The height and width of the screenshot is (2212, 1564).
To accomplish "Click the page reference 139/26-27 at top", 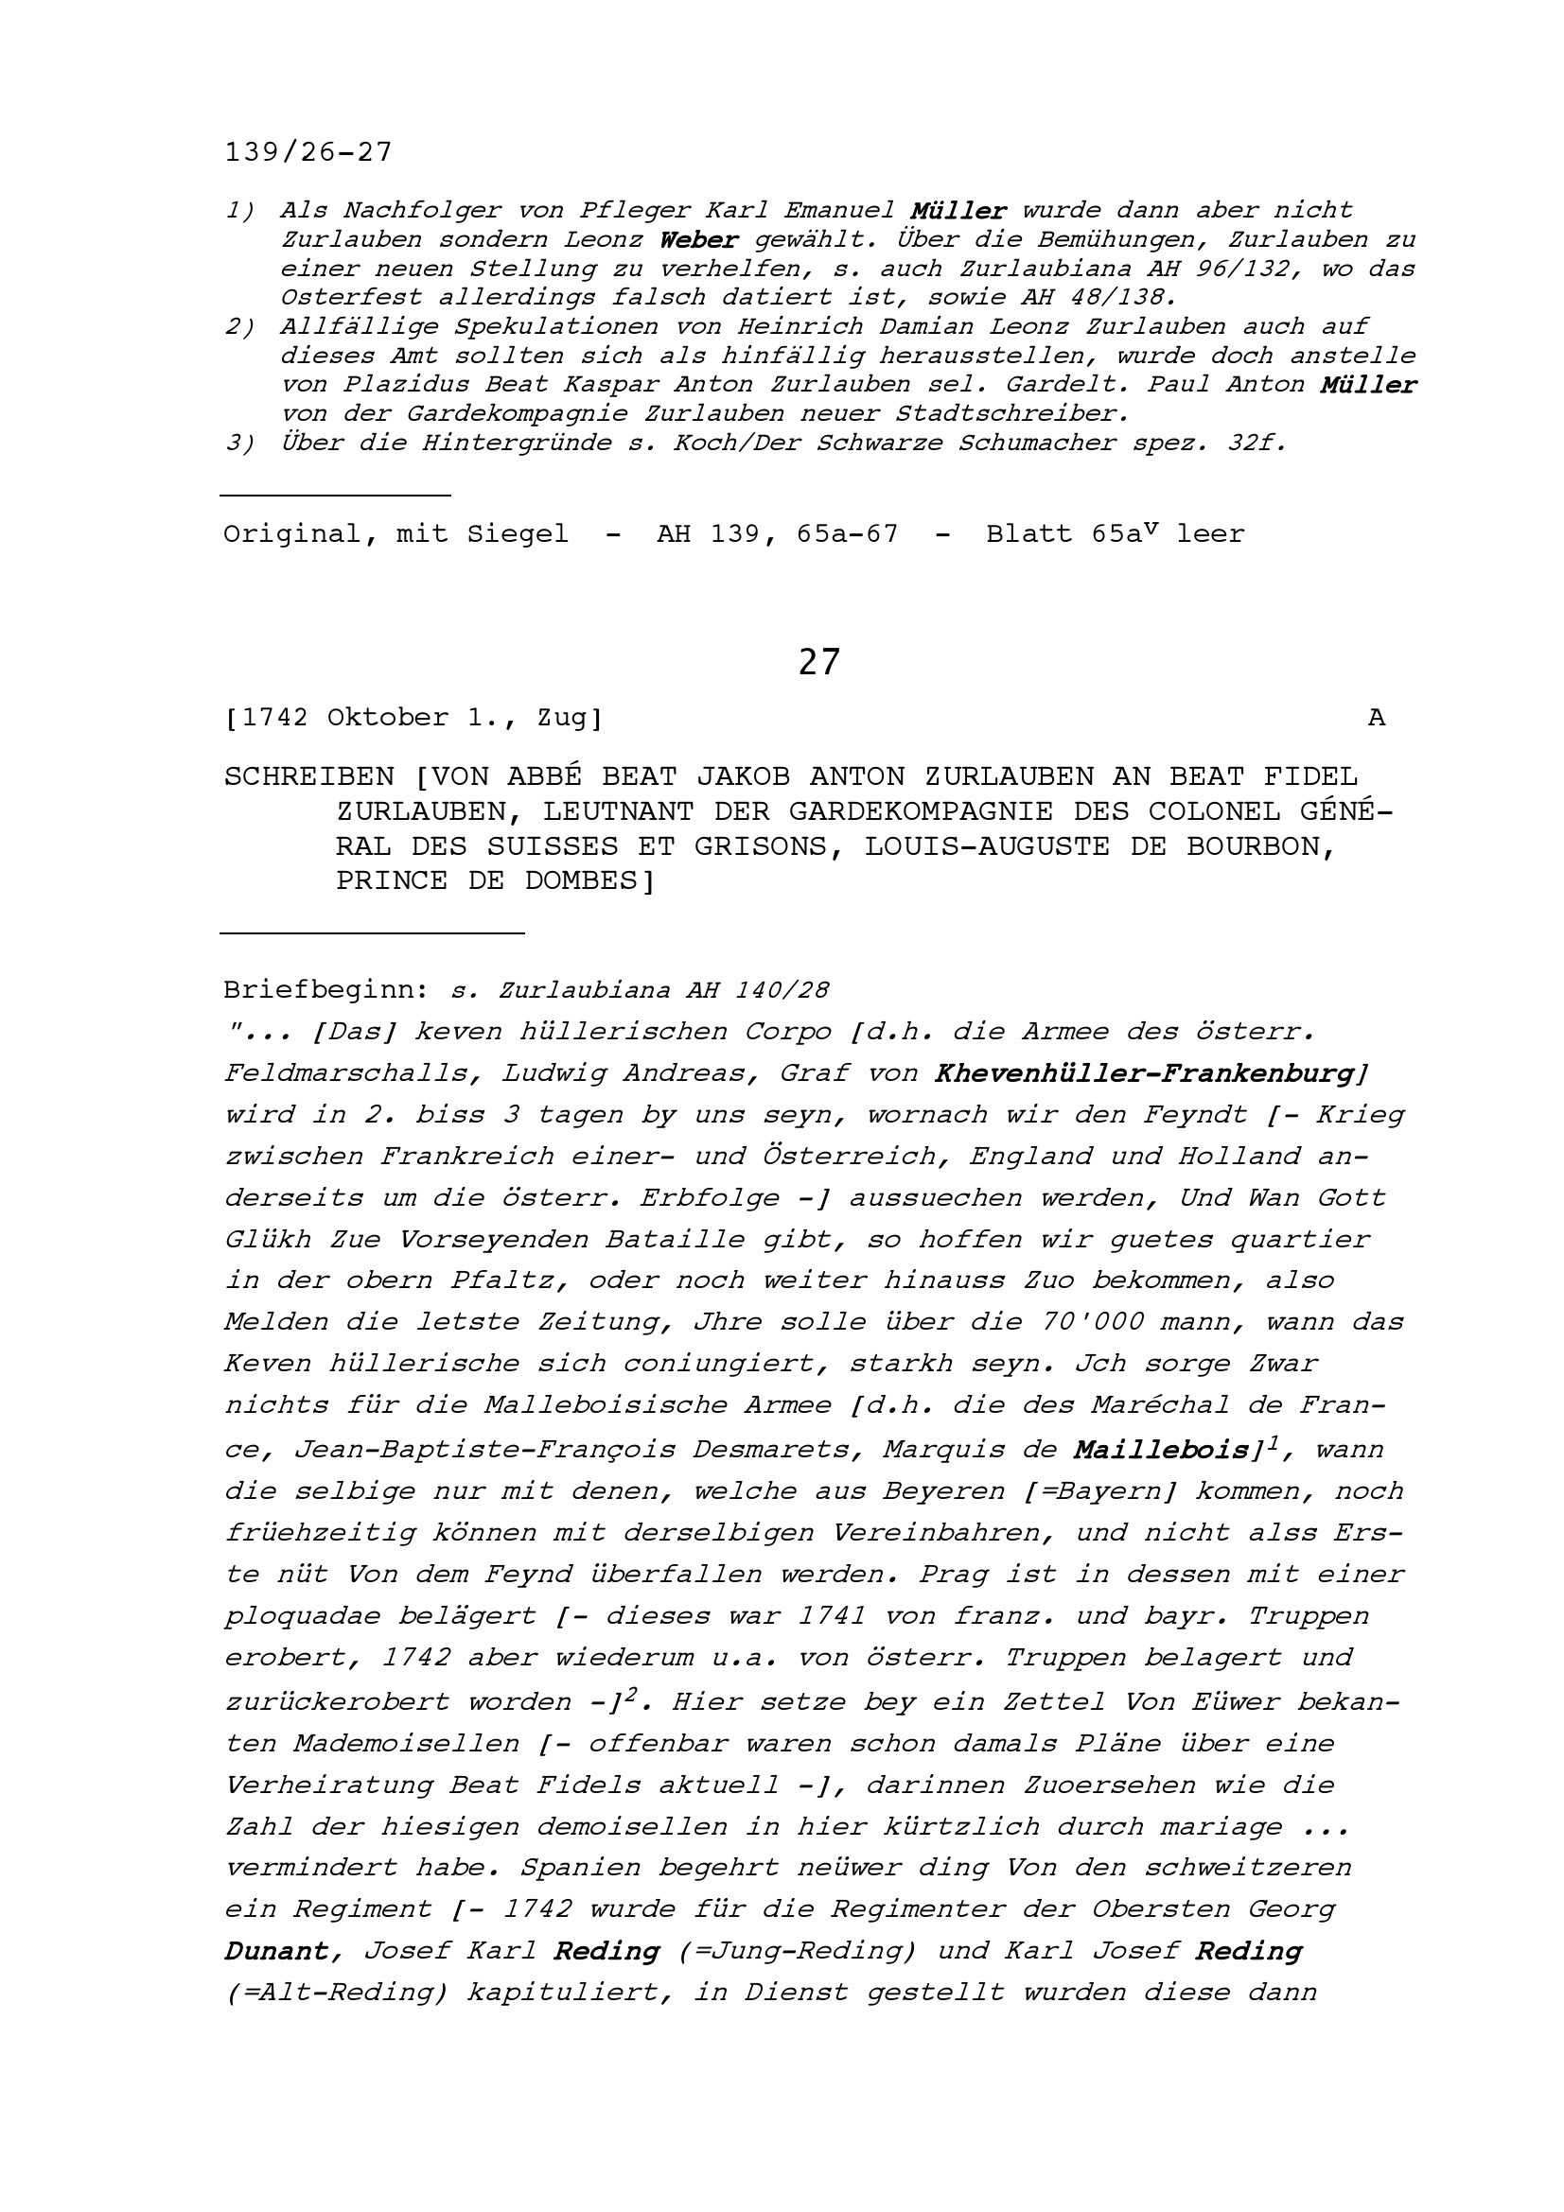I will coord(308,152).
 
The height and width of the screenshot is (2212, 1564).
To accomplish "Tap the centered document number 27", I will coord(819,663).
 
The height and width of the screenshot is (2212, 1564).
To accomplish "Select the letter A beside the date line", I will coord(1377,718).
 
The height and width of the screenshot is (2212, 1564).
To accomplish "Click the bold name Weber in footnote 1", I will coord(699,240).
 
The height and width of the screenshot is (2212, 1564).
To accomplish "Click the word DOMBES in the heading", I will coord(589,880).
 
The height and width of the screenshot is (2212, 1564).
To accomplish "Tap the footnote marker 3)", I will coord(240,444).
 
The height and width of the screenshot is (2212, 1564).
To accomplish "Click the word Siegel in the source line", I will coord(518,533).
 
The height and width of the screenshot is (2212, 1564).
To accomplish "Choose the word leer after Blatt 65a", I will coord(1210,533).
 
